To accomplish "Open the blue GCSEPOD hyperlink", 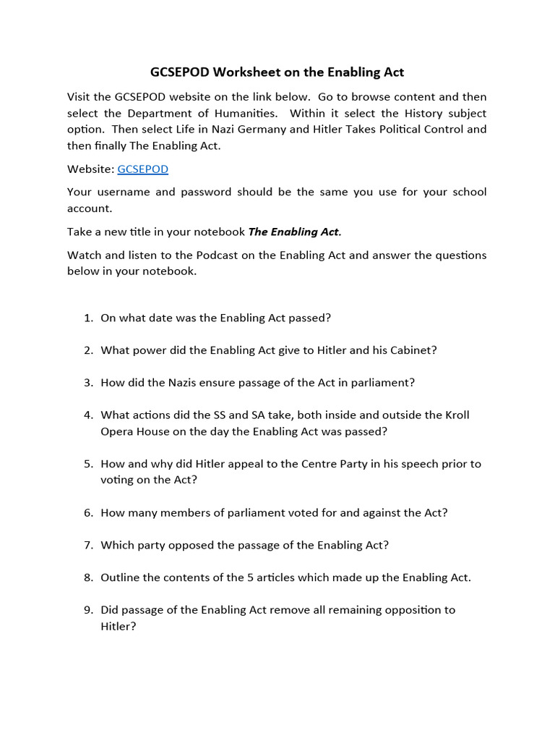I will pos(142,169).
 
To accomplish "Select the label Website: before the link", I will pos(90,169).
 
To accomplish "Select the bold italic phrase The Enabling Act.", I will pos(294,232).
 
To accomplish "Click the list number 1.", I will pos(87,318).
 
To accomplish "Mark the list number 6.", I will pos(87,512).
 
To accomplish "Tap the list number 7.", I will pos(87,545).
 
